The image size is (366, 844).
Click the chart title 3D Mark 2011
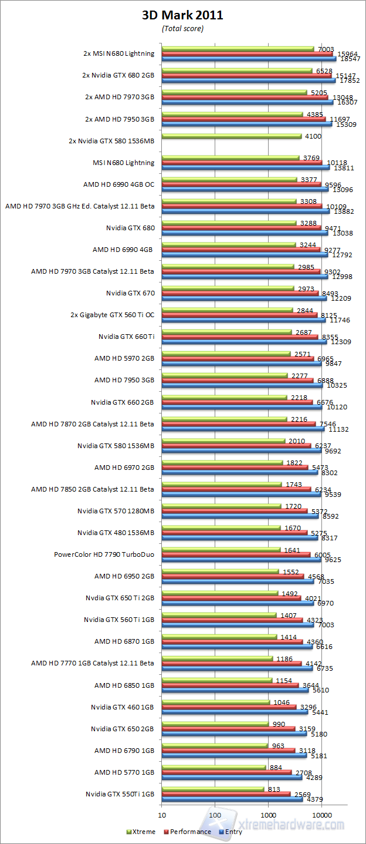182,16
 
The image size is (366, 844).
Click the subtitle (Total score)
182,28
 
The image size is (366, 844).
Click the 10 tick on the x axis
161,815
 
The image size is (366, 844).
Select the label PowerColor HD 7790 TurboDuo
104,554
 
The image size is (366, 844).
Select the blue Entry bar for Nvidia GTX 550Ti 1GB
232,799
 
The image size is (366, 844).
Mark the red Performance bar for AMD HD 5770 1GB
226,772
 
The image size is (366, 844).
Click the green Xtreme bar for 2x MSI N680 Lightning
238,49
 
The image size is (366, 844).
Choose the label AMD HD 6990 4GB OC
119,184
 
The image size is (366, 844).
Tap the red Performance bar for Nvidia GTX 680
240,228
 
